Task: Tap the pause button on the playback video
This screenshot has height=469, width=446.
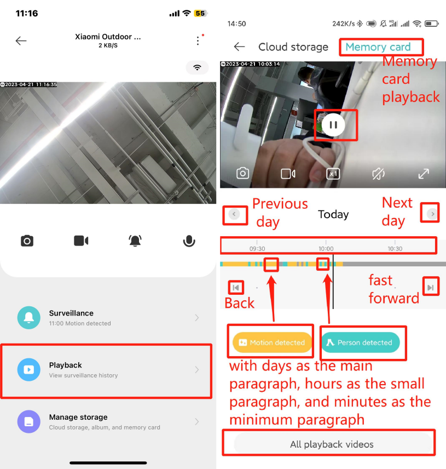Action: [333, 125]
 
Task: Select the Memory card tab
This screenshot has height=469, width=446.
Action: [378, 47]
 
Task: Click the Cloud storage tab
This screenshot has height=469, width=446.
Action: [293, 47]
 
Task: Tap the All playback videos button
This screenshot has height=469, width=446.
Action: [332, 444]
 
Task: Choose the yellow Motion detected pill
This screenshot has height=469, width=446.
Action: [272, 342]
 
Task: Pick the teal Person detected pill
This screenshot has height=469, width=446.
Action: [361, 342]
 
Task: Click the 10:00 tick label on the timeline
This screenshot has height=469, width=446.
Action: [326, 249]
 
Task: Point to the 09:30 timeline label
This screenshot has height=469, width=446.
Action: [257, 249]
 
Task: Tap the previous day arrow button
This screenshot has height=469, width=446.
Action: [234, 214]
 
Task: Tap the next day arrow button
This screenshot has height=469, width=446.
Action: [432, 214]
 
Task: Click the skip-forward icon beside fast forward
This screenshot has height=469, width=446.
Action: [431, 288]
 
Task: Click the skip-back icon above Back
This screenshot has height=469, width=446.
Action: [236, 288]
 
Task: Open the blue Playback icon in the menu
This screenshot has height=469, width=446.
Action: [28, 369]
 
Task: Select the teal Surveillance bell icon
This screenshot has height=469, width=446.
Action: [28, 318]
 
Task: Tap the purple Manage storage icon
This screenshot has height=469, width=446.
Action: [28, 421]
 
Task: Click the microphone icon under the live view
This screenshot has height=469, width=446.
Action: [189, 241]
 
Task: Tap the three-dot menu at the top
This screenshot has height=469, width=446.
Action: [198, 41]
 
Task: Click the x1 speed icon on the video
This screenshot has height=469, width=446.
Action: [333, 174]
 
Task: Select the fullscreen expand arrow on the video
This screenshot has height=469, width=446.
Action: [424, 174]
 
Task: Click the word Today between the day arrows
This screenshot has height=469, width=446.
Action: [333, 214]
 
